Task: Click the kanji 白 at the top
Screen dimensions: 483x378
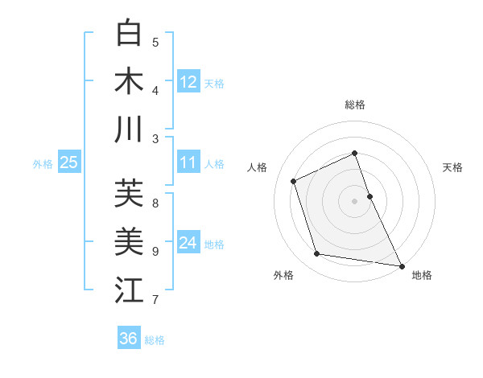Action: [x=129, y=34]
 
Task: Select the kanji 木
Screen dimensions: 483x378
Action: [x=129, y=81]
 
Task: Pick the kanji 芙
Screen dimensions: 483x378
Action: [x=129, y=193]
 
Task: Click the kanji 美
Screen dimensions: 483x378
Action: [x=129, y=241]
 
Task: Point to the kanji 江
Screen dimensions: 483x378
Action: [x=129, y=290]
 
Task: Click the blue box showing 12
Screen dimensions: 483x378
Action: [x=188, y=82]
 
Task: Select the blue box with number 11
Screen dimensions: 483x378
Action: [x=188, y=163]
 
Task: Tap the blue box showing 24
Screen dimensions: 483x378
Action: [x=188, y=243]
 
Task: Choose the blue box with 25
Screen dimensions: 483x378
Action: [x=68, y=163]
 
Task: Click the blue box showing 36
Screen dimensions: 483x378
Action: [x=129, y=339]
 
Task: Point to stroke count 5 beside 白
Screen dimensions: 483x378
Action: [x=155, y=43]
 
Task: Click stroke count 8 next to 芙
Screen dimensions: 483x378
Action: [x=155, y=203]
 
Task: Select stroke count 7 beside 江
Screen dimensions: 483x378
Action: [x=155, y=300]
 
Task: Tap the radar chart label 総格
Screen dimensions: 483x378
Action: [x=354, y=105]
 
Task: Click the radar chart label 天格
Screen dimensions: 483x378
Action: [x=452, y=167]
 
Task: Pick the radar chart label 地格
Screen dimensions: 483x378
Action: [x=422, y=275]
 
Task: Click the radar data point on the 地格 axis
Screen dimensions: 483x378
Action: [x=401, y=265]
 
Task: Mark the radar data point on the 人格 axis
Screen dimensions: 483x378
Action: [x=294, y=181]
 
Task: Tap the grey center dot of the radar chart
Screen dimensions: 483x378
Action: [x=354, y=200]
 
